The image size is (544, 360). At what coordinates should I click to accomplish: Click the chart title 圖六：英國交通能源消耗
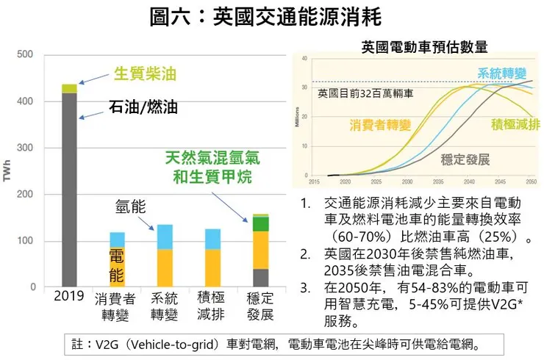click(x=271, y=16)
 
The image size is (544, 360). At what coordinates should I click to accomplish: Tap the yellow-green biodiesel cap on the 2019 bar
click(x=69, y=89)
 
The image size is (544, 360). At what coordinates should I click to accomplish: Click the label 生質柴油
click(x=145, y=73)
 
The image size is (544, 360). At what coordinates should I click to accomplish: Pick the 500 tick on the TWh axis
click(x=25, y=54)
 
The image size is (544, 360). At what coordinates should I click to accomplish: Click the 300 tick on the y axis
click(x=25, y=148)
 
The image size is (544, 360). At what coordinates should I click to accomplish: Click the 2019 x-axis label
click(x=69, y=298)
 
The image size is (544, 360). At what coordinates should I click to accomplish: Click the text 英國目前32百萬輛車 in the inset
click(x=365, y=93)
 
